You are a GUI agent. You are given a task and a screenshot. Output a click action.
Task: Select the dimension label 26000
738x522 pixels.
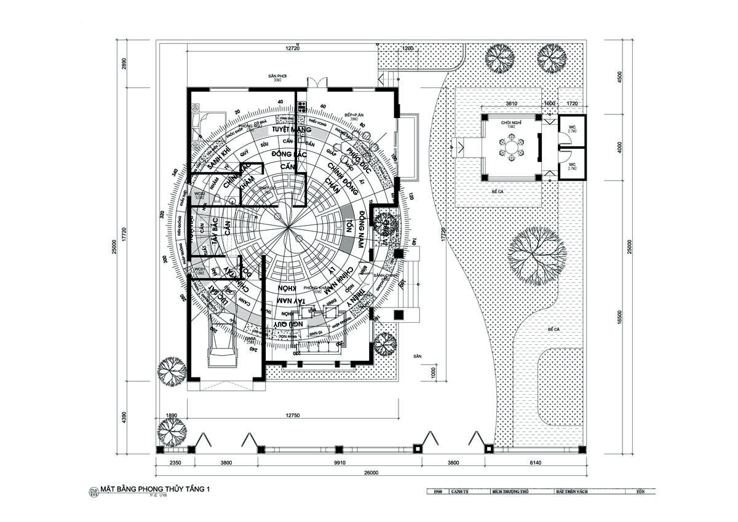370,473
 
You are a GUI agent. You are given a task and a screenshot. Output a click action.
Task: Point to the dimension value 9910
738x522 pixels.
338,463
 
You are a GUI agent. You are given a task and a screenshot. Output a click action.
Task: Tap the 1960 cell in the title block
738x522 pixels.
437,492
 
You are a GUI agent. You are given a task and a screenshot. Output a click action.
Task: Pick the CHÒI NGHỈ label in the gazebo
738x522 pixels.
510,122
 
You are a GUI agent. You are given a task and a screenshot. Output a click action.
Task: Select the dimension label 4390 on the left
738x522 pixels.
124,417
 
